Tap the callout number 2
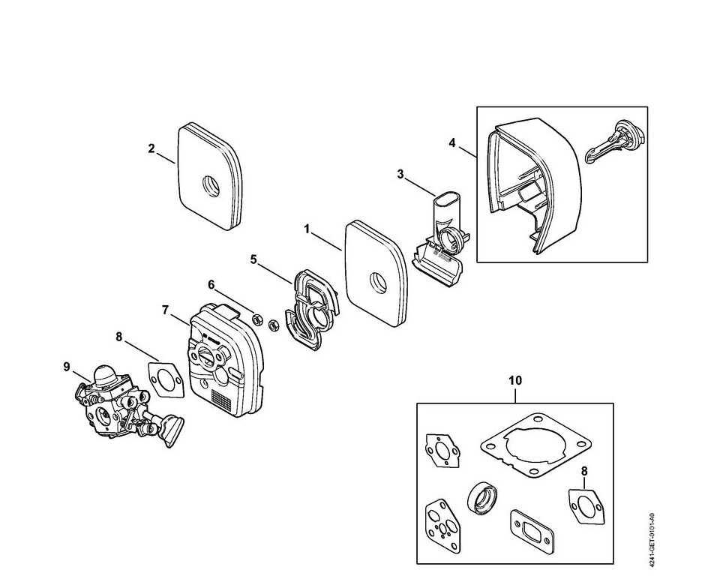coord(151,148)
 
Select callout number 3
coord(400,174)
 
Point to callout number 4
coord(451,141)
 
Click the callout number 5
coord(253,259)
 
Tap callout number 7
coord(165,309)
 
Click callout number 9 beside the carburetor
coord(67,366)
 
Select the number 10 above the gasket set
coord(514,381)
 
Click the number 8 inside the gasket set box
coord(585,471)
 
